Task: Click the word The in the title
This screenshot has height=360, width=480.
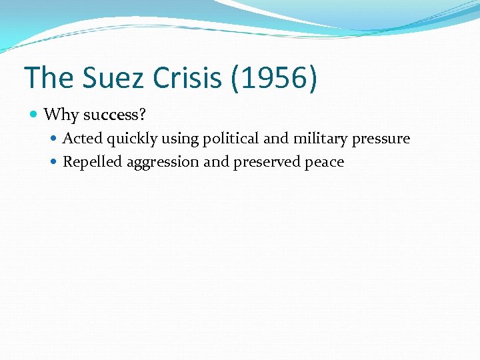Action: click(49, 77)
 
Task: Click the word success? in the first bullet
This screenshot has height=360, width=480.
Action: click(114, 115)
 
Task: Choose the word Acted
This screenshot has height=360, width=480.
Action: click(81, 139)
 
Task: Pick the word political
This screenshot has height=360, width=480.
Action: click(227, 139)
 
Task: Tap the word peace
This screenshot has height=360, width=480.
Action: click(324, 163)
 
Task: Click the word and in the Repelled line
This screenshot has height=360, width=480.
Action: click(217, 162)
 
